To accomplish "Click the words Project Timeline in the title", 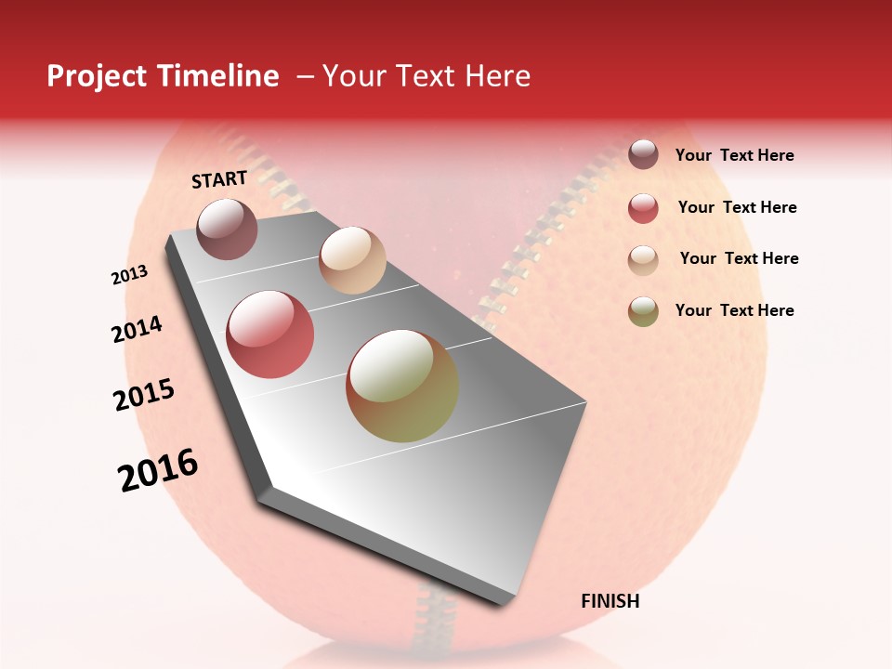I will [x=163, y=76].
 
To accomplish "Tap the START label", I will [x=219, y=179].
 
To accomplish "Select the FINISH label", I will [x=610, y=601].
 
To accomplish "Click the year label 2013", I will [x=130, y=275].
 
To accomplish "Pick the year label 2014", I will [x=137, y=330].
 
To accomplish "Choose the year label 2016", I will [x=158, y=470].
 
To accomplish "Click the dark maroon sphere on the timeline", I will [x=227, y=229].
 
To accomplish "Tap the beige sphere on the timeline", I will [x=352, y=260].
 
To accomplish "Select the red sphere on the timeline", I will [x=270, y=334].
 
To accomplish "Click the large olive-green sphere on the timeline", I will [x=402, y=386].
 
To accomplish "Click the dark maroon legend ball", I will [x=643, y=155].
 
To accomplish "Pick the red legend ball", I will [x=643, y=208].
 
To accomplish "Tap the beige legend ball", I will [x=643, y=259].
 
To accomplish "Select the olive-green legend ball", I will [x=643, y=311].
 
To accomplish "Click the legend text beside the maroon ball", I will [x=734, y=155].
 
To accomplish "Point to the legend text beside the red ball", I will [x=737, y=207].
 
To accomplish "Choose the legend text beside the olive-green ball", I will [x=734, y=310].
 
